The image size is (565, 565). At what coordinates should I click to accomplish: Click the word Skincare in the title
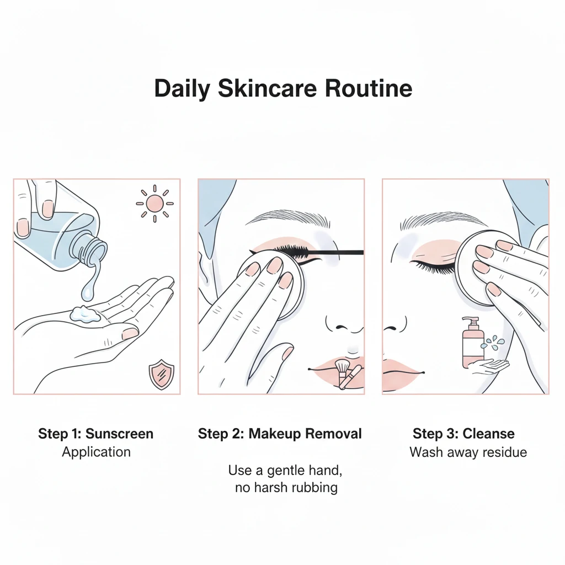[x=268, y=88]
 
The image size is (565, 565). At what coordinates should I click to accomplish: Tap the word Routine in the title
[x=368, y=88]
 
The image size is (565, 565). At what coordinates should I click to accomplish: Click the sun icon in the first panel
[x=154, y=204]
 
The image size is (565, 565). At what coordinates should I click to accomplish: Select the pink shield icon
[x=162, y=374]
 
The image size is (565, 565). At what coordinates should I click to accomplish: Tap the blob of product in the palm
[x=85, y=314]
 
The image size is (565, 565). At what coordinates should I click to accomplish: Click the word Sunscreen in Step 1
[x=119, y=434]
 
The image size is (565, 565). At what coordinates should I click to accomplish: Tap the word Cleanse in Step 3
[x=488, y=434]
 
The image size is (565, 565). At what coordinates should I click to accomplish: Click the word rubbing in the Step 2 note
[x=315, y=488]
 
